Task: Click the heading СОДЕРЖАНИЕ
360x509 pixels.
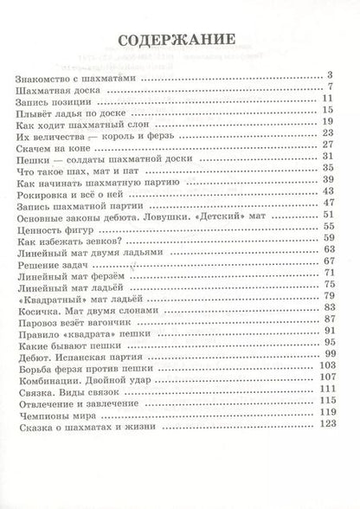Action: [179, 39]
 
